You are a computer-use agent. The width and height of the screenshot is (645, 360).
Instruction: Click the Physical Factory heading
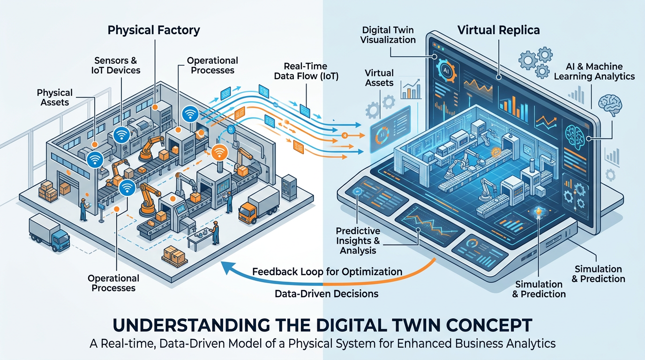(154, 30)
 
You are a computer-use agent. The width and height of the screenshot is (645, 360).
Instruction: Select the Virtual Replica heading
(498, 30)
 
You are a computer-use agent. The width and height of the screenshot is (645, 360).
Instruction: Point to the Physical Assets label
(54, 97)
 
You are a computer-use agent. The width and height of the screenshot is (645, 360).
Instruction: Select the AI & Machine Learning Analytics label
(594, 71)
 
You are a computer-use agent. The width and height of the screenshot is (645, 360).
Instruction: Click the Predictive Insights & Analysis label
(358, 240)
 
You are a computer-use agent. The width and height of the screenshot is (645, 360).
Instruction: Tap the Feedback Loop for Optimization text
(327, 271)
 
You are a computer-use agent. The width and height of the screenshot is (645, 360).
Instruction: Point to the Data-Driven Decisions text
(326, 294)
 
